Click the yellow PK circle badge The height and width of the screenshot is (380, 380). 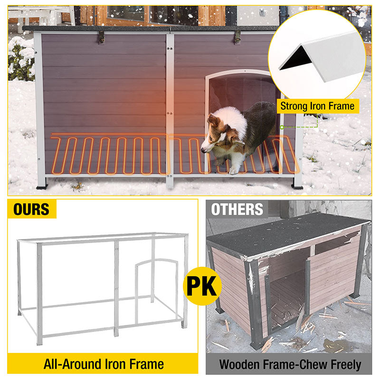(x=202, y=286)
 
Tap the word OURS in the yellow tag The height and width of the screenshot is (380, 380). (x=31, y=209)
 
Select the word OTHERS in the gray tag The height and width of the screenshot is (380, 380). (x=237, y=209)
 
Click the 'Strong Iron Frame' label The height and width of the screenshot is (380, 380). (x=317, y=106)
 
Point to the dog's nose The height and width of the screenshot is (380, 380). (x=203, y=151)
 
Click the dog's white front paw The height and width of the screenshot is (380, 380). (x=234, y=171)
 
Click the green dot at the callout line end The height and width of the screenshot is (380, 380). (x=282, y=127)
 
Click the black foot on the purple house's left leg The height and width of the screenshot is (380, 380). (x=42, y=187)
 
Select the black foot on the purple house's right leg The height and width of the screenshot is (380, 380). (x=297, y=187)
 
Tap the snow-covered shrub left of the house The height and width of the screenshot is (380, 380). (x=21, y=58)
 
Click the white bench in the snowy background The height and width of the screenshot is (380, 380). (x=41, y=15)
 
